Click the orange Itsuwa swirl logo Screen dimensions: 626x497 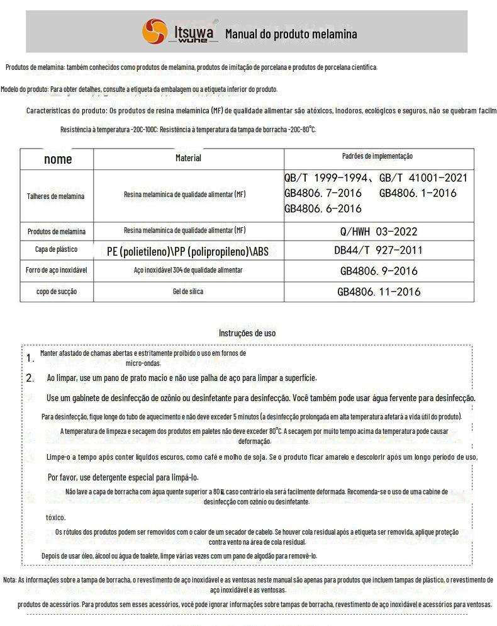154,31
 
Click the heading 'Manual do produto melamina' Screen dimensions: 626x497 291,34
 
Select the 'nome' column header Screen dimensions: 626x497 58,159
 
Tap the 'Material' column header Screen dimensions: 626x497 188,158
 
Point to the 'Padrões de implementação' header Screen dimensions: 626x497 377,156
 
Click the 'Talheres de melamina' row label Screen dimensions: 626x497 55,196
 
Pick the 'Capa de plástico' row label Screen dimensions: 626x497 56,250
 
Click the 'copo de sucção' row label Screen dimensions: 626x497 57,292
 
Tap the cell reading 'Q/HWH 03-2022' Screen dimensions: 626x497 379,232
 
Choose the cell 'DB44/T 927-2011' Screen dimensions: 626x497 379,250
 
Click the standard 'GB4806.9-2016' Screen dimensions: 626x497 379,271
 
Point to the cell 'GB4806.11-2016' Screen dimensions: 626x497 379,292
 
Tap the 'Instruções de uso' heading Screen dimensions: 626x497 247,333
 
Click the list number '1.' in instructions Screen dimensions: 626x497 30,358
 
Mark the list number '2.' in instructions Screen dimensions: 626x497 30,378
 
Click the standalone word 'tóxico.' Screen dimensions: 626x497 55,517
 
